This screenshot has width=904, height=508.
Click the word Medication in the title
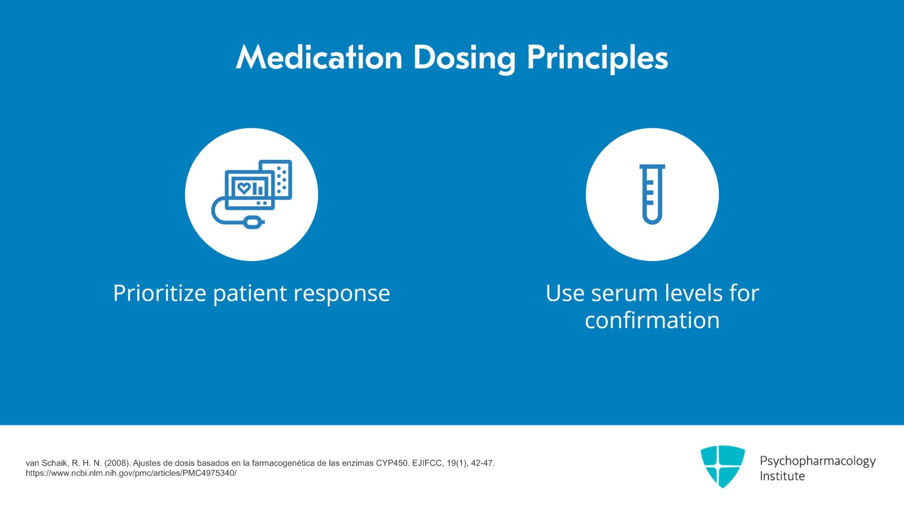(319, 58)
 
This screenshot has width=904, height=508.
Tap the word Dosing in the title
(464, 59)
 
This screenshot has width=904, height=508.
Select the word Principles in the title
(597, 59)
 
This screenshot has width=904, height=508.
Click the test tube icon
(652, 194)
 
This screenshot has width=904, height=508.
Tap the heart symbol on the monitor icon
(244, 188)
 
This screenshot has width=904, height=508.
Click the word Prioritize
(160, 293)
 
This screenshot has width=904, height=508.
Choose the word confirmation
(652, 320)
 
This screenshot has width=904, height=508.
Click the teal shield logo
(722, 466)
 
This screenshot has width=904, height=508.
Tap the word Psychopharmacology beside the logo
(817, 462)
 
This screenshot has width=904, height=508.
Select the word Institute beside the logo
(782, 476)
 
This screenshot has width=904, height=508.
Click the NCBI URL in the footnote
(131, 473)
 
